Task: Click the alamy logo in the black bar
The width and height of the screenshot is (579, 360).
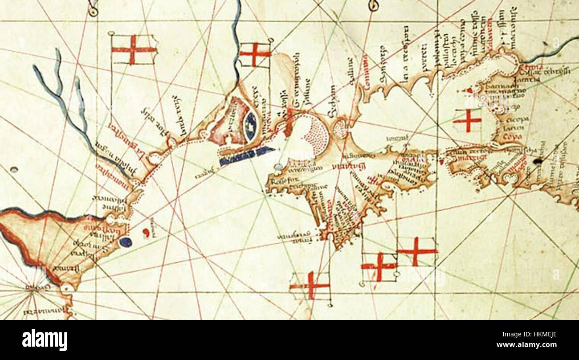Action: coord(45,340)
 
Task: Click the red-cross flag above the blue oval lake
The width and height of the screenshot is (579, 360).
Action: coord(255,54)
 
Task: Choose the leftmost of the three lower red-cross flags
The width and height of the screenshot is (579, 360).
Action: coord(310,285)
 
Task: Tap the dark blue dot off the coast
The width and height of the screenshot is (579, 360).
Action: coord(126,242)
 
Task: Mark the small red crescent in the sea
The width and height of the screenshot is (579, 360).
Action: coord(145,233)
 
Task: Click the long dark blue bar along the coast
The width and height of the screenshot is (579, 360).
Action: coord(245,156)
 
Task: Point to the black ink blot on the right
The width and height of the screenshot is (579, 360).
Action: coord(538,161)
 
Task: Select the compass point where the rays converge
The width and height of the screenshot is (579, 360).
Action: coord(32,290)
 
